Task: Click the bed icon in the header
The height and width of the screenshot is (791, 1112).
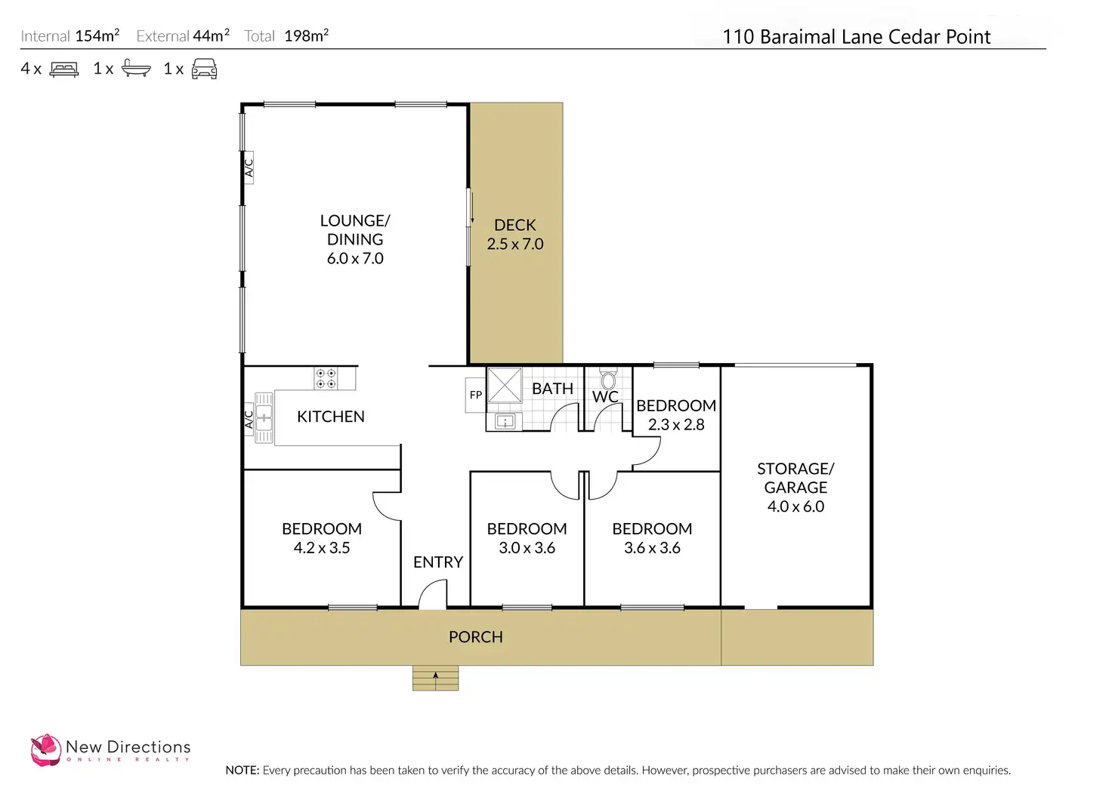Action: coord(64,69)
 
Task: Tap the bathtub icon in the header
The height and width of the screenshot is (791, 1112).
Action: coord(136,69)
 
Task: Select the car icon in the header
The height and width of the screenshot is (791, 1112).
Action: coord(204,69)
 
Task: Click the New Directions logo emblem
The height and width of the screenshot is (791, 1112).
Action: coord(45,750)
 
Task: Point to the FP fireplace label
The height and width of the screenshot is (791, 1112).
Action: coord(476,395)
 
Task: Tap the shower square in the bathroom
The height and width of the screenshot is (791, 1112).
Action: coord(504,385)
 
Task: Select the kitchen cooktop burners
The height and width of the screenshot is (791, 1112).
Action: coord(326,378)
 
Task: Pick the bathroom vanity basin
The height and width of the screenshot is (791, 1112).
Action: coord(505,421)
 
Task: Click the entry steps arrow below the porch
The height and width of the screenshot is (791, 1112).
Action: coord(435,677)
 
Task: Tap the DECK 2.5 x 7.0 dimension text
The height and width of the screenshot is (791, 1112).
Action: coord(515,244)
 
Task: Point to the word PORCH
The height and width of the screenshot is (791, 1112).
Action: coord(475,637)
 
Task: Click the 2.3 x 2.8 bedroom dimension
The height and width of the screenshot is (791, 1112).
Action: coord(676,425)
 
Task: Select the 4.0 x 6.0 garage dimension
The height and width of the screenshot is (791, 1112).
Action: coord(795,506)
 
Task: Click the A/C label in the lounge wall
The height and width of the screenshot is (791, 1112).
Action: coord(249,165)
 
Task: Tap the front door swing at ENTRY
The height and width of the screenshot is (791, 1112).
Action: coord(433,595)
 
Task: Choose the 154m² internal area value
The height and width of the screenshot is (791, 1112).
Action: coord(97,35)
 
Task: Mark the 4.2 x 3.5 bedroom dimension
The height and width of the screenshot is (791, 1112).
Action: coord(322,548)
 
